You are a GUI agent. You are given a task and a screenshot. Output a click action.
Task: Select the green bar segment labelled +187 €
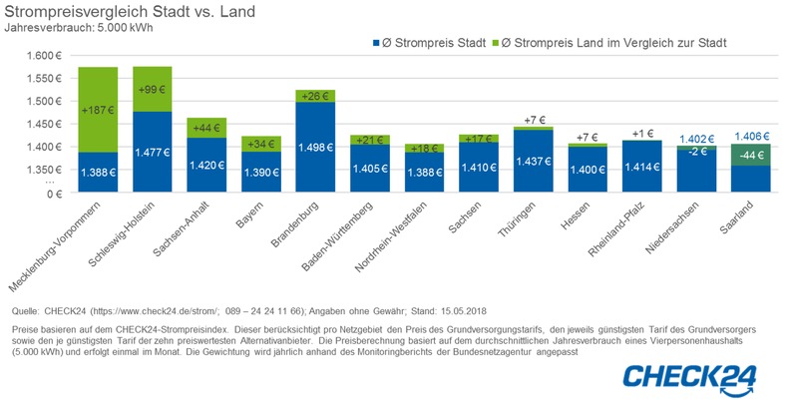(99, 110)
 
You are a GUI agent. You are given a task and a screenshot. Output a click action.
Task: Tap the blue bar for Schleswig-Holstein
(153, 150)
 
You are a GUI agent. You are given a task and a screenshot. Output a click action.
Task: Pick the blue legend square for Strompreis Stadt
(376, 43)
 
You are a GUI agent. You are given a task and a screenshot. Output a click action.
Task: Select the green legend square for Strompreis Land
(508, 43)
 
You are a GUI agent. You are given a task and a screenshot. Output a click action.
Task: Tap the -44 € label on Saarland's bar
(750, 157)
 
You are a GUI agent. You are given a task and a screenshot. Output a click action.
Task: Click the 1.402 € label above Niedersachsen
(696, 140)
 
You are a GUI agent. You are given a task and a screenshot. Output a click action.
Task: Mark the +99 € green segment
(153, 89)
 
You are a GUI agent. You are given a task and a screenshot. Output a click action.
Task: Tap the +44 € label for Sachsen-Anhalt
(207, 128)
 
